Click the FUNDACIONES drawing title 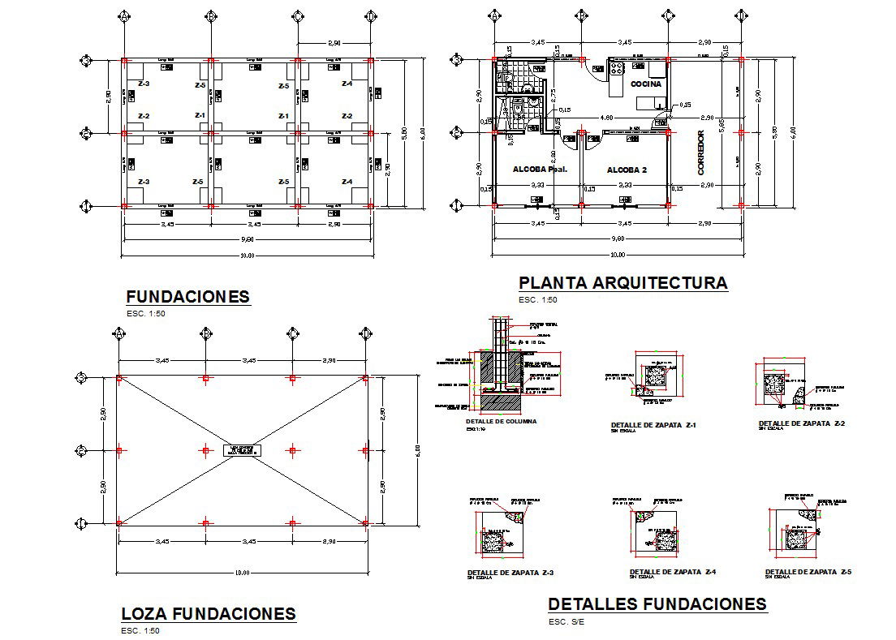187,297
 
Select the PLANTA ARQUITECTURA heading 622,283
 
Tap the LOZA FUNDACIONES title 209,613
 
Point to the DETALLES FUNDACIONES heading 657,604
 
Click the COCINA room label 644,84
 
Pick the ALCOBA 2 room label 627,170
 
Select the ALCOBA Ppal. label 539,170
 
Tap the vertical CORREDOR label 702,154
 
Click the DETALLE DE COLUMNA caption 501,422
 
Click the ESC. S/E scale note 566,622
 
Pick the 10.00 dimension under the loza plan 241,573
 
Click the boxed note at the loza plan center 241,451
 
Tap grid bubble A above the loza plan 119,333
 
